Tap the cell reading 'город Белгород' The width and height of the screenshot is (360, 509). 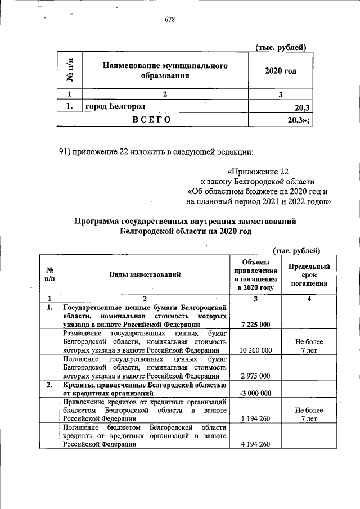coord(115,106)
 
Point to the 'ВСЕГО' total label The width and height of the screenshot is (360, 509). coord(152,119)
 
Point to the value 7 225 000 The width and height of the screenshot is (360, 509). coord(255,325)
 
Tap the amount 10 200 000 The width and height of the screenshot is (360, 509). coord(255,350)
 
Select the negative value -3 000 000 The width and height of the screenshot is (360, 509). coord(255,393)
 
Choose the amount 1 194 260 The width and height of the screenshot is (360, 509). coord(255,418)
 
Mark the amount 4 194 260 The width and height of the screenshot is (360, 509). coord(255,444)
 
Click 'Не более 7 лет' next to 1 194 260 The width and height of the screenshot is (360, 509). coord(309,415)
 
